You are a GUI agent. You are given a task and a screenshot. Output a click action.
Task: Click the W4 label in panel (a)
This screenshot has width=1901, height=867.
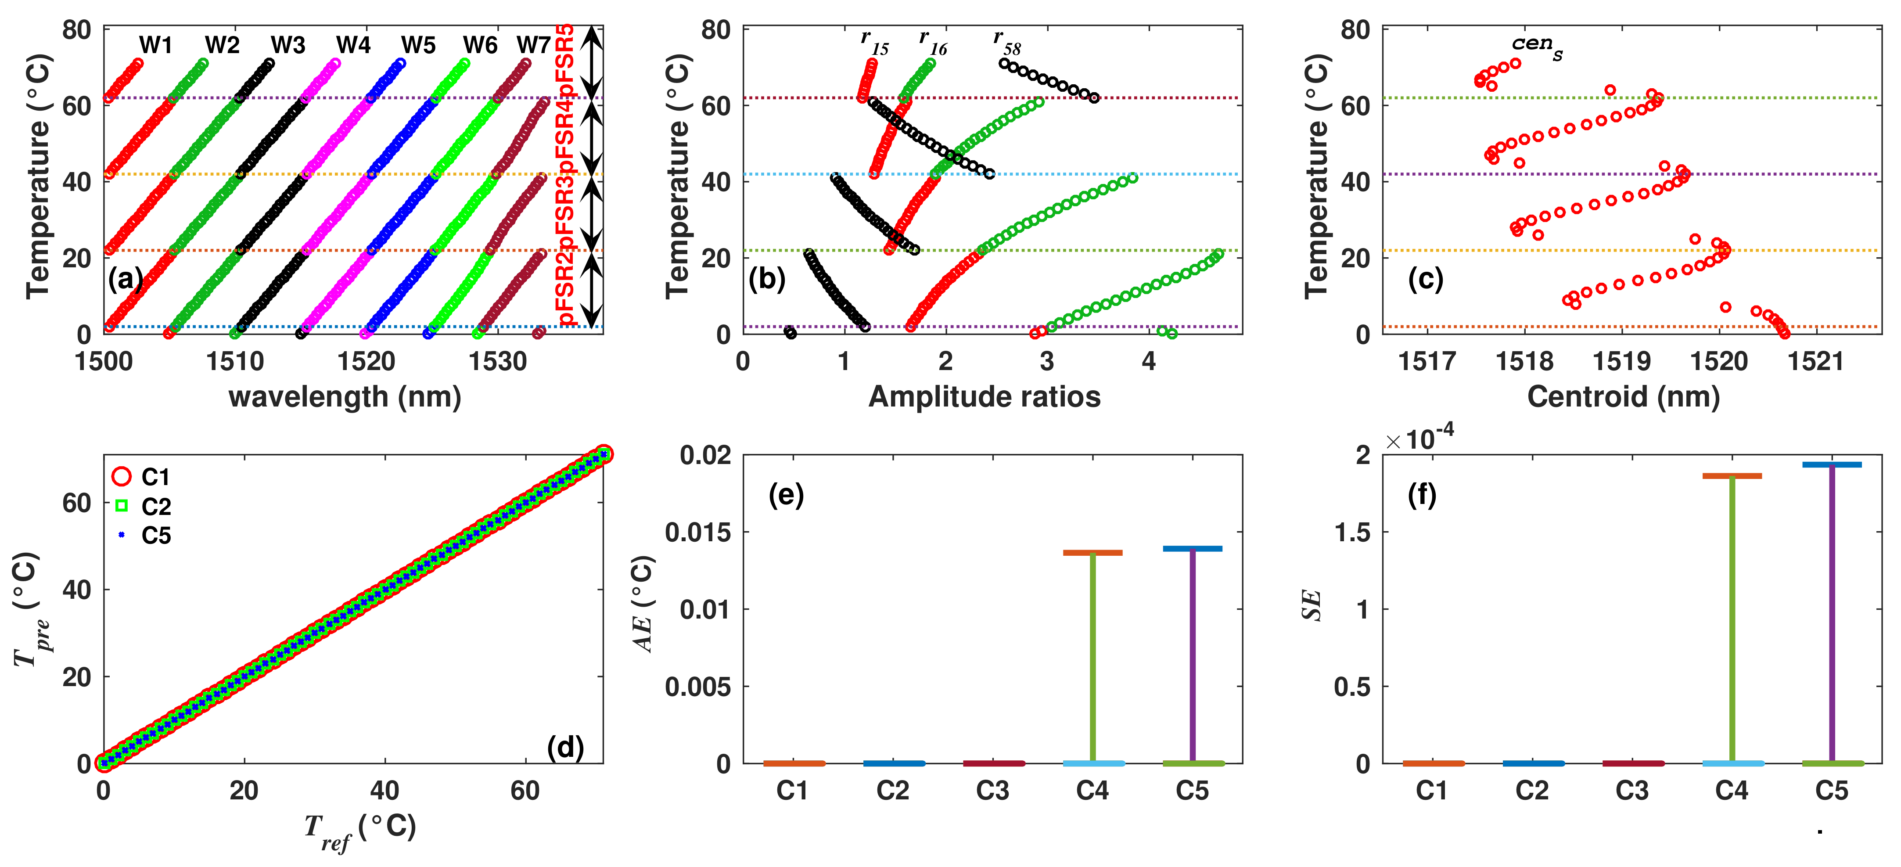(x=353, y=45)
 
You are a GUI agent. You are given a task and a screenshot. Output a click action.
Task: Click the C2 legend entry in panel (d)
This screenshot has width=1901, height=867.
(x=156, y=507)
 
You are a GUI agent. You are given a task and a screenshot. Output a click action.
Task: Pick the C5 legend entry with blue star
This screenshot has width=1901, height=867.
(x=156, y=536)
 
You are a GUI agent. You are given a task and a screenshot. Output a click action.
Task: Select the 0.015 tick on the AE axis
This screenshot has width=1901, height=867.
(x=697, y=532)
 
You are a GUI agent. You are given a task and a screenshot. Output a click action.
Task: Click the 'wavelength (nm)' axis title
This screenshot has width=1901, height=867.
(x=345, y=397)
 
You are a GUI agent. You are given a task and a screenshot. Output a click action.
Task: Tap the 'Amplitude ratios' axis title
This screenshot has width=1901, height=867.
(x=985, y=397)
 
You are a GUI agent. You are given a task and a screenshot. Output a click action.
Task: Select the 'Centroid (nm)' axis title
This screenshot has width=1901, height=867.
(x=1624, y=397)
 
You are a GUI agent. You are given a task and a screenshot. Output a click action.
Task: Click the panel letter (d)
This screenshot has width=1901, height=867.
(x=565, y=748)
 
